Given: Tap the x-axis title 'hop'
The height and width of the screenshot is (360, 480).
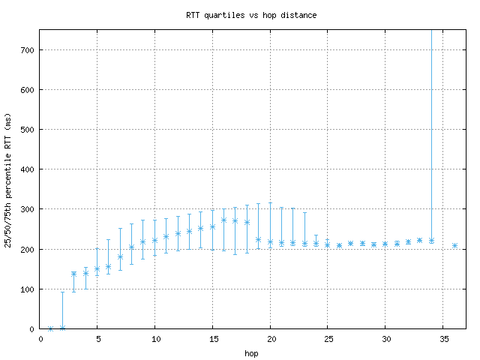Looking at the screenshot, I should [251, 352].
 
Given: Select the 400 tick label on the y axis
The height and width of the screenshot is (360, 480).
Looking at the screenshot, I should [27, 169].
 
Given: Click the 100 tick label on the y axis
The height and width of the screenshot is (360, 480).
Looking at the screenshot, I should [27, 289].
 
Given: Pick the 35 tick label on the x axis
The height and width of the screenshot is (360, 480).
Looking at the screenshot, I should [442, 338].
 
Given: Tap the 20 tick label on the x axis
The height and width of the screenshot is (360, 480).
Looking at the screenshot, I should [270, 338].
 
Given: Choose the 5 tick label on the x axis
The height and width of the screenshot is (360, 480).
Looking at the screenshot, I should [97, 338].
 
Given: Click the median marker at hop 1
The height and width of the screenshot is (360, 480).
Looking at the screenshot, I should [51, 328].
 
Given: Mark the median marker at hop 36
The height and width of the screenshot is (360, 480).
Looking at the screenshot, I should [454, 245].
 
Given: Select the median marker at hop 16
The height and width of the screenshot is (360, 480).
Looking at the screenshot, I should [224, 220].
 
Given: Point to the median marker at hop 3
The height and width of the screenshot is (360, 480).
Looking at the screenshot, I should [74, 274].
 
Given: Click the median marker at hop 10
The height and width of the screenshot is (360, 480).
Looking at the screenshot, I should [155, 240].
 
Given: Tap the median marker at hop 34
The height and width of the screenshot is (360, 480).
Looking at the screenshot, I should [431, 240].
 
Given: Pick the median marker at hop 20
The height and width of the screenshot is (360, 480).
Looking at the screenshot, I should [270, 241].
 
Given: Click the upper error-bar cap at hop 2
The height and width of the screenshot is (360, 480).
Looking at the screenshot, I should [63, 292].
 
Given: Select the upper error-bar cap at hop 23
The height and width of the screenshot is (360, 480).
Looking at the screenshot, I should [304, 213].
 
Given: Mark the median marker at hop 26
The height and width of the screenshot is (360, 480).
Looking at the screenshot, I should [339, 245].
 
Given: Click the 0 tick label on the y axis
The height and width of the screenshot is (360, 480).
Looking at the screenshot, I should [31, 328].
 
